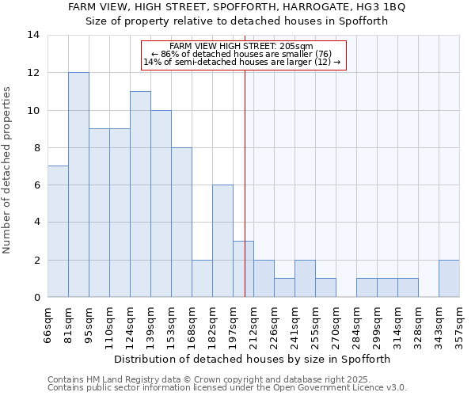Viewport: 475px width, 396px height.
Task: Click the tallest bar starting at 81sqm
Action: point(78,185)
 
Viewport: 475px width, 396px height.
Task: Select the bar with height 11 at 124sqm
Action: point(140,194)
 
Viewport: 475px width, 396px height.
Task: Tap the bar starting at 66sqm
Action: point(58,231)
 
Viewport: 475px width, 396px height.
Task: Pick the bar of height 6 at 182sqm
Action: point(222,241)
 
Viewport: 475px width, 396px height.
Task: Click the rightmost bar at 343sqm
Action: point(449,278)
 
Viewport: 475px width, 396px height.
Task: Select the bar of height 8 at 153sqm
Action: point(181,222)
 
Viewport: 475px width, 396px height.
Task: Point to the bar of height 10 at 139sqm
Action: point(161,204)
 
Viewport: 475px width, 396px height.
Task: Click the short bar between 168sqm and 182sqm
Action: point(202,278)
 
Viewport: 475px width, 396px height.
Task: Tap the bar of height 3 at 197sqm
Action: point(243,269)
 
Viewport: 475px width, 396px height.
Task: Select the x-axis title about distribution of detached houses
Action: point(253,359)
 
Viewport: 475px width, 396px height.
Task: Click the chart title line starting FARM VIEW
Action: point(237,7)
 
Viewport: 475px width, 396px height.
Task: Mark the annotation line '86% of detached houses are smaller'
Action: point(243,54)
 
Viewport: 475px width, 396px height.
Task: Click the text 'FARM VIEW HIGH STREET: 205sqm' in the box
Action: point(242,47)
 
